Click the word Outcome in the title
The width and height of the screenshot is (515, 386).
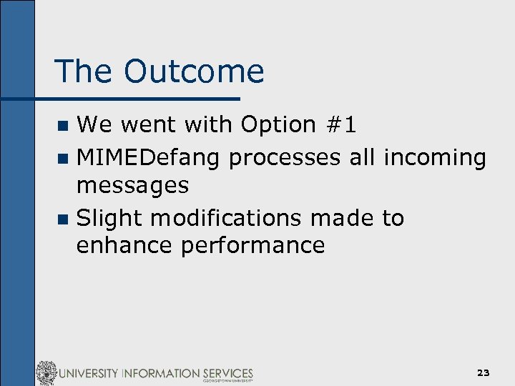193,71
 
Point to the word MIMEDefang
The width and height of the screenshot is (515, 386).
149,157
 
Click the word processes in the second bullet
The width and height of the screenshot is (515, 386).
285,157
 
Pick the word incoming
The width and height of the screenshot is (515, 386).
434,157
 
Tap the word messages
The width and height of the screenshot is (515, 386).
132,186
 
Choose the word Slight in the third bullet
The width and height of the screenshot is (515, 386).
109,217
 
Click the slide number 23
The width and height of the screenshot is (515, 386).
484,373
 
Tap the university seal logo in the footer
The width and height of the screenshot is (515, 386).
46,373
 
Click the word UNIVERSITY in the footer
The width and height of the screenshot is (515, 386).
89,373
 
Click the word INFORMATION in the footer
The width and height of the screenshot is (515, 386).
157,373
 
